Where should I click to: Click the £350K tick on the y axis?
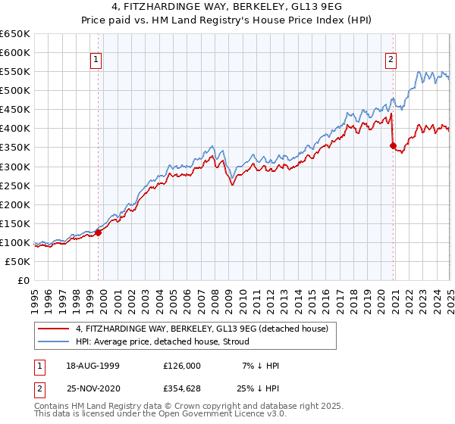pos(15,147)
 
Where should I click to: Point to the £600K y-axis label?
pos(15,52)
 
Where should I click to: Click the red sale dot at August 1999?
pos(99,232)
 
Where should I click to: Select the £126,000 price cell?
pos(182,365)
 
